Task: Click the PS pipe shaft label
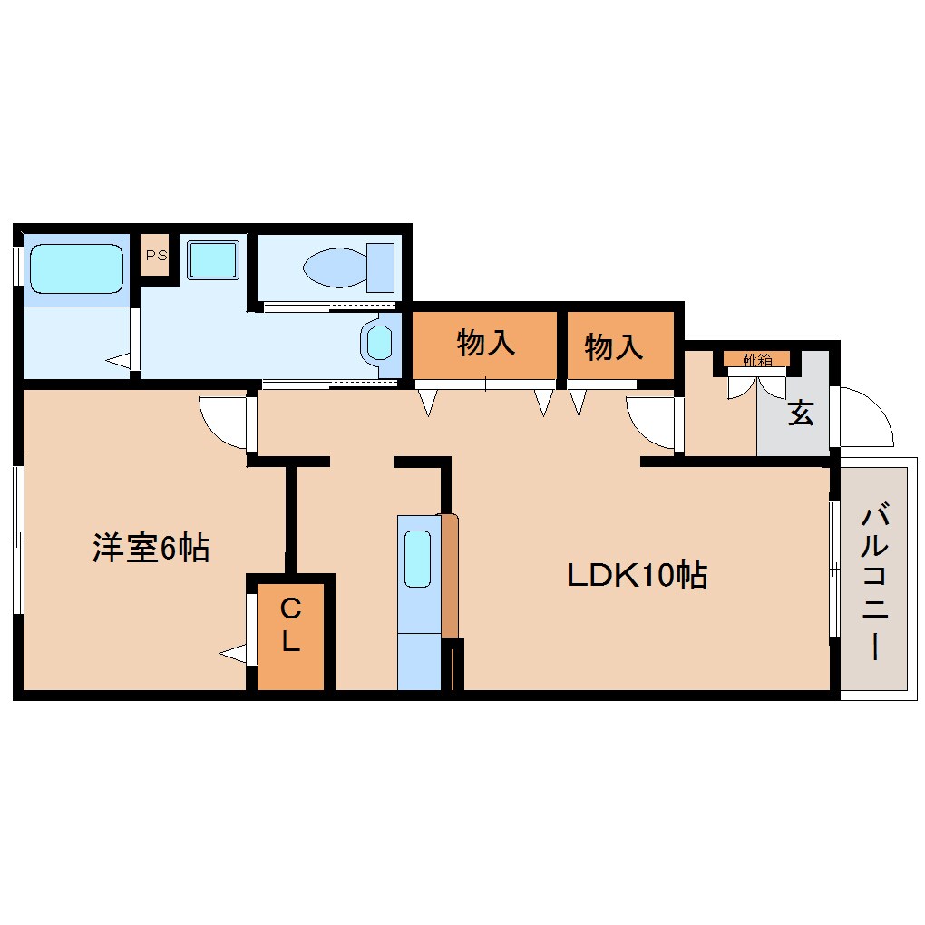tap(155, 255)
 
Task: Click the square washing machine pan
tap(213, 259)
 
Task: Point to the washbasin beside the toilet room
tap(380, 343)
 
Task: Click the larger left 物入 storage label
tap(486, 344)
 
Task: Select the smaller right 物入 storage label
tap(614, 346)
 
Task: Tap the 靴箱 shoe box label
tap(757, 360)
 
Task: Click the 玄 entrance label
tap(800, 414)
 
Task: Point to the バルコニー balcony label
tap(874, 583)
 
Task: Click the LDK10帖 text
tap(637, 576)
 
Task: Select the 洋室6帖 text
tap(151, 548)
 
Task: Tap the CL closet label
tap(289, 626)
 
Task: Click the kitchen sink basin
tap(417, 558)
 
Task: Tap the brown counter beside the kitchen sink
tap(450, 576)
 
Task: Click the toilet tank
tap(380, 267)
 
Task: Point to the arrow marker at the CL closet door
tap(234, 652)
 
